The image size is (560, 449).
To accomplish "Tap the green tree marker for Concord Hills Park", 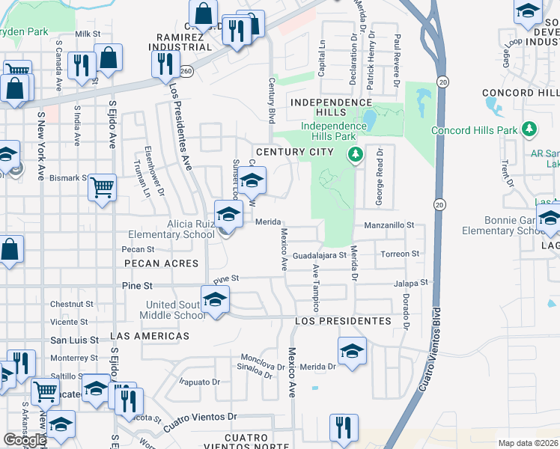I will [530, 129].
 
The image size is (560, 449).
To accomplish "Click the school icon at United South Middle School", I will [216, 301].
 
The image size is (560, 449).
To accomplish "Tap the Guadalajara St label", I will [320, 254].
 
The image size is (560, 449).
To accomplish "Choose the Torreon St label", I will [400, 254].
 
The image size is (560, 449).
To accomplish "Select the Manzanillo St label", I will [389, 224].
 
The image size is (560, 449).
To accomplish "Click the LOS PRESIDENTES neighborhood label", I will [343, 320].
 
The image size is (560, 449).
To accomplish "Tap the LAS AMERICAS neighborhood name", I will [150, 336].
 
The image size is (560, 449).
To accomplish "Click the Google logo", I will [25, 440].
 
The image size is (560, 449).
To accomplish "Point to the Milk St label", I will [88, 34].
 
